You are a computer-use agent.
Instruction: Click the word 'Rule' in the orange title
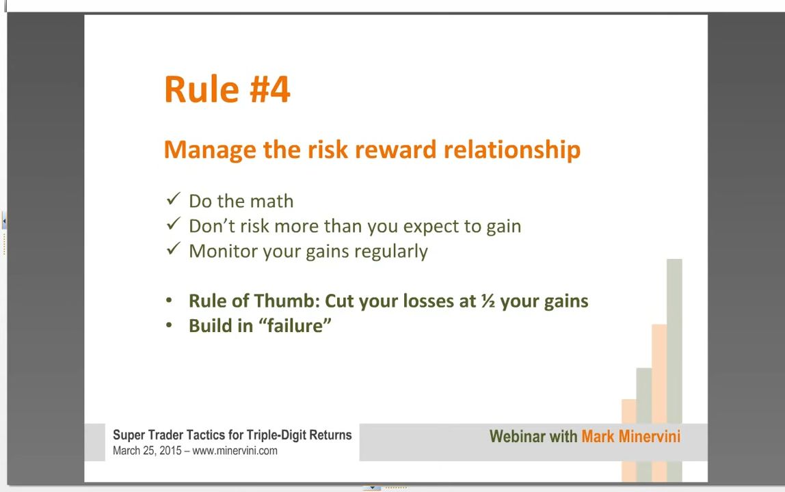[201, 90]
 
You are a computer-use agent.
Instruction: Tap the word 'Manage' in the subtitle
[210, 150]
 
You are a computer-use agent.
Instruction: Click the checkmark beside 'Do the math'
[173, 199]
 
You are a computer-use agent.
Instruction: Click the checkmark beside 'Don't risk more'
[173, 223]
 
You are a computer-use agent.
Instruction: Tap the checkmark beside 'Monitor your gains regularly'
[173, 249]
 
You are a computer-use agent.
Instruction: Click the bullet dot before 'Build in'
[169, 326]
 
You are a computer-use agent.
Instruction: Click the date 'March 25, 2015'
[147, 450]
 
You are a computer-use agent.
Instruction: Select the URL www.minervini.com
[235, 450]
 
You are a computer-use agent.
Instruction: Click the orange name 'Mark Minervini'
[630, 437]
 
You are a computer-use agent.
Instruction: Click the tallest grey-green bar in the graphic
[674, 370]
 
